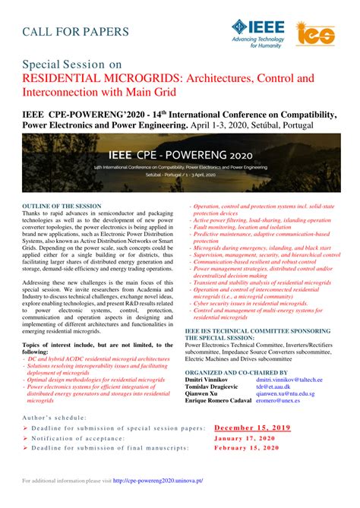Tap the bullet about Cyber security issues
(x=247, y=301)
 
